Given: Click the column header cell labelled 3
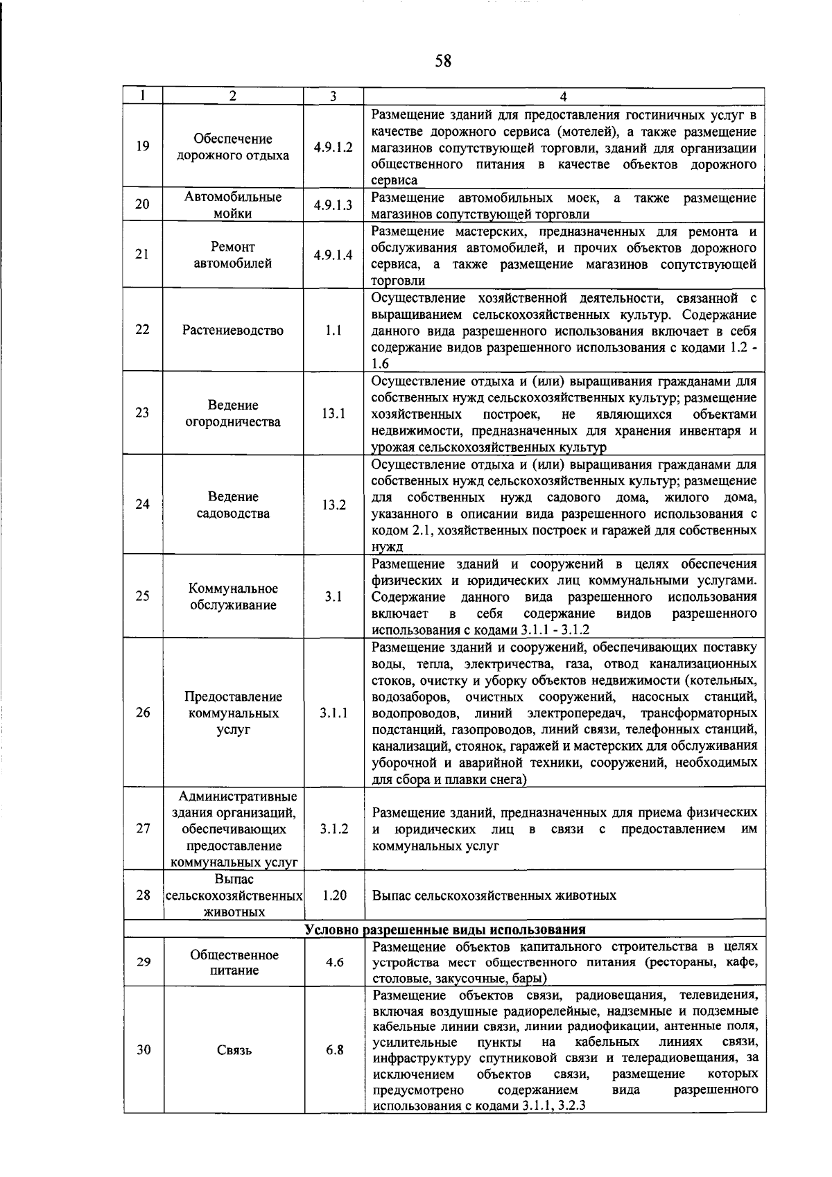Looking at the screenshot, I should [333, 97].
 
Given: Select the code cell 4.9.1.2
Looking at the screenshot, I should [333, 147].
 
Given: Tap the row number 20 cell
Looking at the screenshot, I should [143, 204].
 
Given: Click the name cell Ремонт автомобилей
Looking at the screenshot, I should [233, 254].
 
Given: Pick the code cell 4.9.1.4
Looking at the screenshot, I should [333, 254].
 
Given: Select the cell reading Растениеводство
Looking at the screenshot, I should [233, 330].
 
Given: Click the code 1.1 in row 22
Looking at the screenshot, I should [333, 330].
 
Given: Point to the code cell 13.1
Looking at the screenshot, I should [333, 413].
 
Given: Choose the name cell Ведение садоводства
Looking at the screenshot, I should [233, 505].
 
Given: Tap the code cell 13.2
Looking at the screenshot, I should [333, 505].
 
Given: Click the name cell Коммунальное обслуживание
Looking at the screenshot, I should [233, 596].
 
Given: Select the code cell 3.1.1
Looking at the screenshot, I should [333, 713].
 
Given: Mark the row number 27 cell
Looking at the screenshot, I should [143, 828].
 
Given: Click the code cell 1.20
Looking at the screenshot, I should [334, 895].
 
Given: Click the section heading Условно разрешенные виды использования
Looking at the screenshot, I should [445, 930].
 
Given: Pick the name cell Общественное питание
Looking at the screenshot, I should [234, 962].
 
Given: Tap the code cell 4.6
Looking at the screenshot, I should [334, 962].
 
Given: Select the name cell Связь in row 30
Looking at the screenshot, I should [234, 1049].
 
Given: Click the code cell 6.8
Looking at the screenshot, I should [334, 1049].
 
